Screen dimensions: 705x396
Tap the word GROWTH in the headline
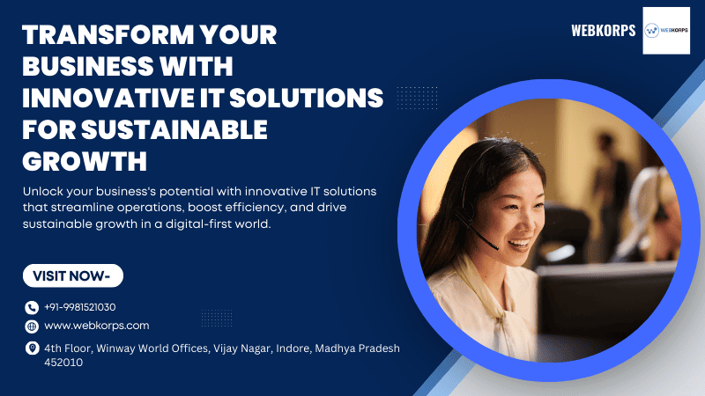pyautogui.click(x=85, y=161)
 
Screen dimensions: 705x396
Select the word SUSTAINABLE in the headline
pyautogui.click(x=174, y=129)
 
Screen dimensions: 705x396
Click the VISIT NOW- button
pyautogui.click(x=73, y=275)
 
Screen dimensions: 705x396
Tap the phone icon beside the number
pyautogui.click(x=32, y=307)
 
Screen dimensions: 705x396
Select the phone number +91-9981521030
pyautogui.click(x=80, y=307)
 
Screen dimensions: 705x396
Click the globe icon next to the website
pyautogui.click(x=32, y=326)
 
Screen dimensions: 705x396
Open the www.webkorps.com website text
pyautogui.click(x=97, y=326)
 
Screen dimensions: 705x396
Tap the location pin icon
pyautogui.click(x=32, y=348)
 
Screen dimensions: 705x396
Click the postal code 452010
pyautogui.click(x=63, y=363)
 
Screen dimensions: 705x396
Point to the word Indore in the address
pyautogui.click(x=293, y=348)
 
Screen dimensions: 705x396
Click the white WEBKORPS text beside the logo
pyautogui.click(x=604, y=31)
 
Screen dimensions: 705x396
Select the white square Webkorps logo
pyautogui.click(x=666, y=31)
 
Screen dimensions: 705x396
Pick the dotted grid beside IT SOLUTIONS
pyautogui.click(x=417, y=98)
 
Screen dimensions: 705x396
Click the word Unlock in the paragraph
pyautogui.click(x=43, y=191)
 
